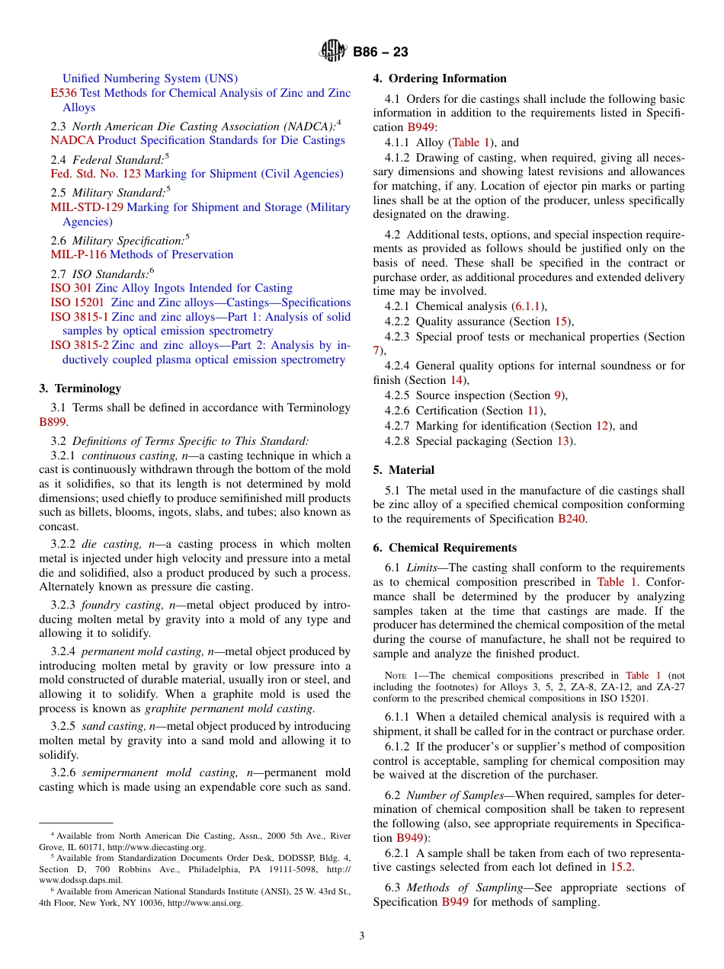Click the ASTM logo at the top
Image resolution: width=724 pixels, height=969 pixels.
pos(333,52)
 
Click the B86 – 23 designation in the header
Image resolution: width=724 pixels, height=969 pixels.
pos(380,52)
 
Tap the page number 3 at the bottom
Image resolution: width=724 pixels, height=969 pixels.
pos(362,935)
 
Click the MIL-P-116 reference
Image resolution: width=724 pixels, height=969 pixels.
pos(78,254)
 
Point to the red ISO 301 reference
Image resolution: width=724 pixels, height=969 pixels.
pos(71,288)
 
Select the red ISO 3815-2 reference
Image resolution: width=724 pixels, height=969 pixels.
pos(79,345)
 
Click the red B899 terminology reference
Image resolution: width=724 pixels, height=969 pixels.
pos(53,421)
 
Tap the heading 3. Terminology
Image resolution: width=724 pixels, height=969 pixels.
pos(80,389)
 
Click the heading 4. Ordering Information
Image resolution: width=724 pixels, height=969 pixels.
pos(440,78)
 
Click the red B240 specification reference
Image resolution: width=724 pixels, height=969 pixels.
pos(572,519)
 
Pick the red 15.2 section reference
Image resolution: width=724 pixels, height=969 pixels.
pos(621,866)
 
